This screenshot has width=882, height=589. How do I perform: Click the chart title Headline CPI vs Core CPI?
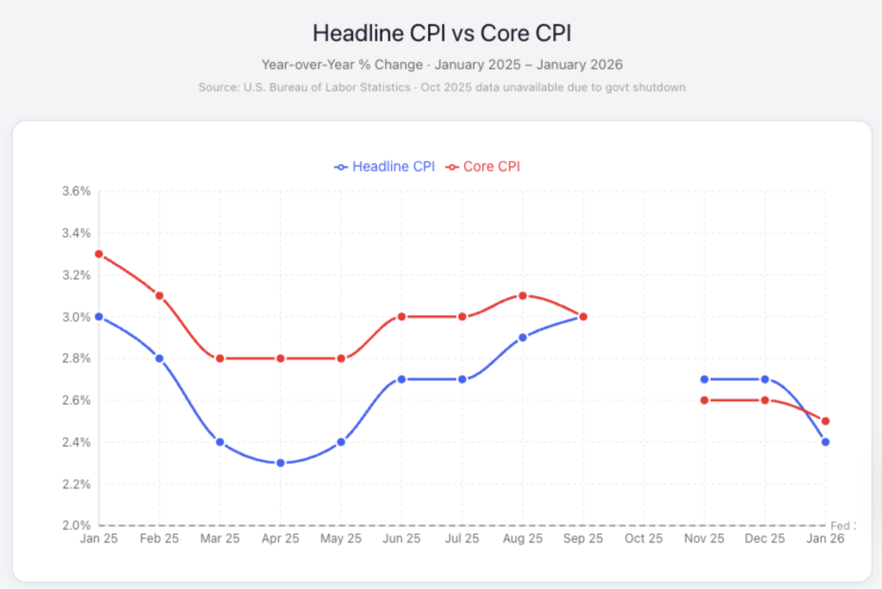[x=441, y=34]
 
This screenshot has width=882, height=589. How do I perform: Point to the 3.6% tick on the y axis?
[x=76, y=191]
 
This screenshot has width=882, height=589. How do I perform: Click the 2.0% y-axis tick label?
[x=76, y=525]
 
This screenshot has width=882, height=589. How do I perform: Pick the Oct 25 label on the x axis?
[x=643, y=539]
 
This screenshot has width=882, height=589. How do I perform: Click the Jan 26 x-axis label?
[x=825, y=539]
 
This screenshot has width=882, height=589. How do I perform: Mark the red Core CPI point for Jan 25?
[x=99, y=254]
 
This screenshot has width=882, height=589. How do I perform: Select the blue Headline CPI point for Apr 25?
[x=281, y=463]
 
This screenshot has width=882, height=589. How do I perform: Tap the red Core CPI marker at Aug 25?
[x=523, y=295]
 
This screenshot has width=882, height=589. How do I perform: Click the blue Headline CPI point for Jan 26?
[x=825, y=442]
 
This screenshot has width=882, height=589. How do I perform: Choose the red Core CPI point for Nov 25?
[x=705, y=400]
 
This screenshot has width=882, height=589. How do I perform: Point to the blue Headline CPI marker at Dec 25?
[x=765, y=379]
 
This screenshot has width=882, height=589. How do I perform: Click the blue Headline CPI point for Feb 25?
[x=159, y=358]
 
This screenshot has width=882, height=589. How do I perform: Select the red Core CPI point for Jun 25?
[x=401, y=317]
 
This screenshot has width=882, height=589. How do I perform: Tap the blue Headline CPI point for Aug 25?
[x=523, y=338]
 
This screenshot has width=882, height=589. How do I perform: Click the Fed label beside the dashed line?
[x=839, y=525]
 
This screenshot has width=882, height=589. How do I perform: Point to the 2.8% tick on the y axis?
[x=76, y=358]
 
